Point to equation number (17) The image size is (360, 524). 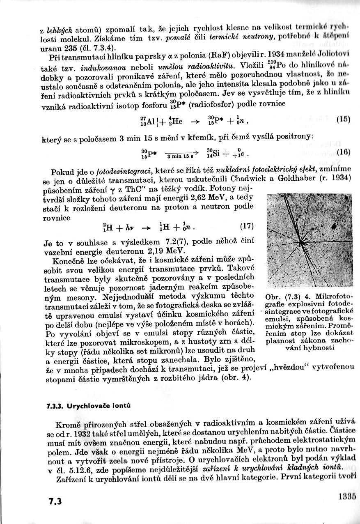coord(246,226)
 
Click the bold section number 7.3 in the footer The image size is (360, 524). coord(55,502)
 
